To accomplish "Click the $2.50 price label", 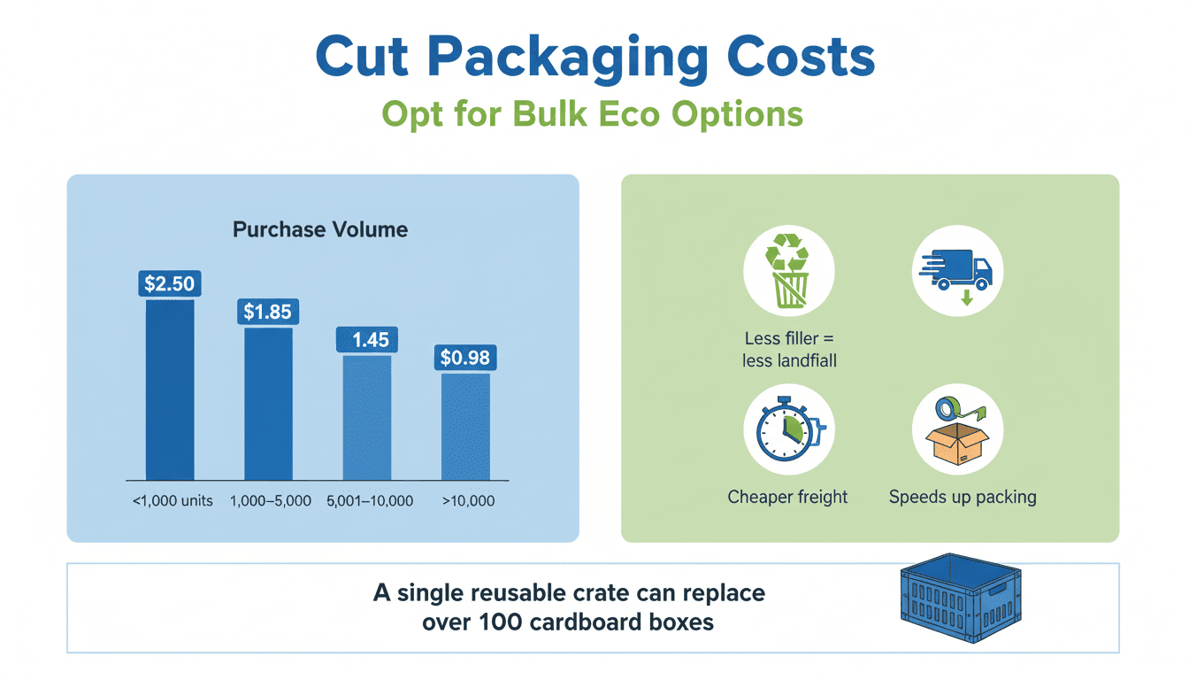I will pos(170,283).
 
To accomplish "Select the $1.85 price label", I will pos(268,312).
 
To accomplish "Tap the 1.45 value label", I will pos(367,339).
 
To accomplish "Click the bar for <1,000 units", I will pos(170,390).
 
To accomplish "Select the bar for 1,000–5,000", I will pos(268,404).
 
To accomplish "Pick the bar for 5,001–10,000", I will pos(367,417).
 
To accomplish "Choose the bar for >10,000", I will pos(465,426).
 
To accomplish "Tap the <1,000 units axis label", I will pos(173,500).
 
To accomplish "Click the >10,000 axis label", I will pos(468,500).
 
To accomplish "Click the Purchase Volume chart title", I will pos(320,230).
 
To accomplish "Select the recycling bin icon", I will pos(787,272).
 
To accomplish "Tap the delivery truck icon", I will pos(957,272).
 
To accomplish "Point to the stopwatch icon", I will pos(787,429).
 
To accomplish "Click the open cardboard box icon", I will pos(957,429).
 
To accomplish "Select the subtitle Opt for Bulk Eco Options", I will pos(593,114).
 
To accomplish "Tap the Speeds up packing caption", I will pos(963,497).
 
